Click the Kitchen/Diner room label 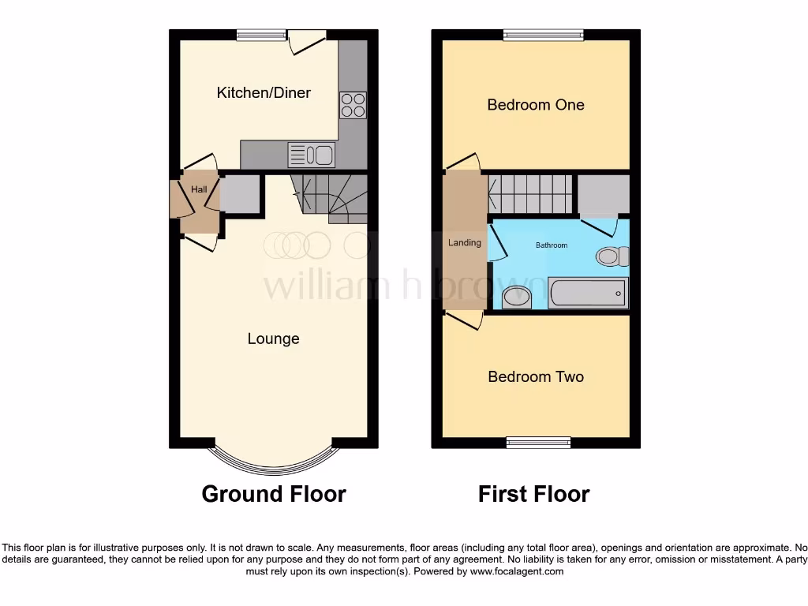click(x=264, y=92)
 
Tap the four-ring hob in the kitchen click(x=353, y=105)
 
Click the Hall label click(x=199, y=189)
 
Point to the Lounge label click(x=273, y=339)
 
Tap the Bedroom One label click(x=535, y=104)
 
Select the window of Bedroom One click(x=543, y=34)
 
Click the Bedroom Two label click(x=536, y=376)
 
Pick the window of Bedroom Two click(x=538, y=442)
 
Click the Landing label click(x=464, y=242)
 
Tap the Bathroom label click(x=552, y=245)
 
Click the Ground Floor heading click(x=274, y=494)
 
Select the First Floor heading click(x=533, y=494)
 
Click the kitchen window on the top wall click(x=261, y=34)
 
